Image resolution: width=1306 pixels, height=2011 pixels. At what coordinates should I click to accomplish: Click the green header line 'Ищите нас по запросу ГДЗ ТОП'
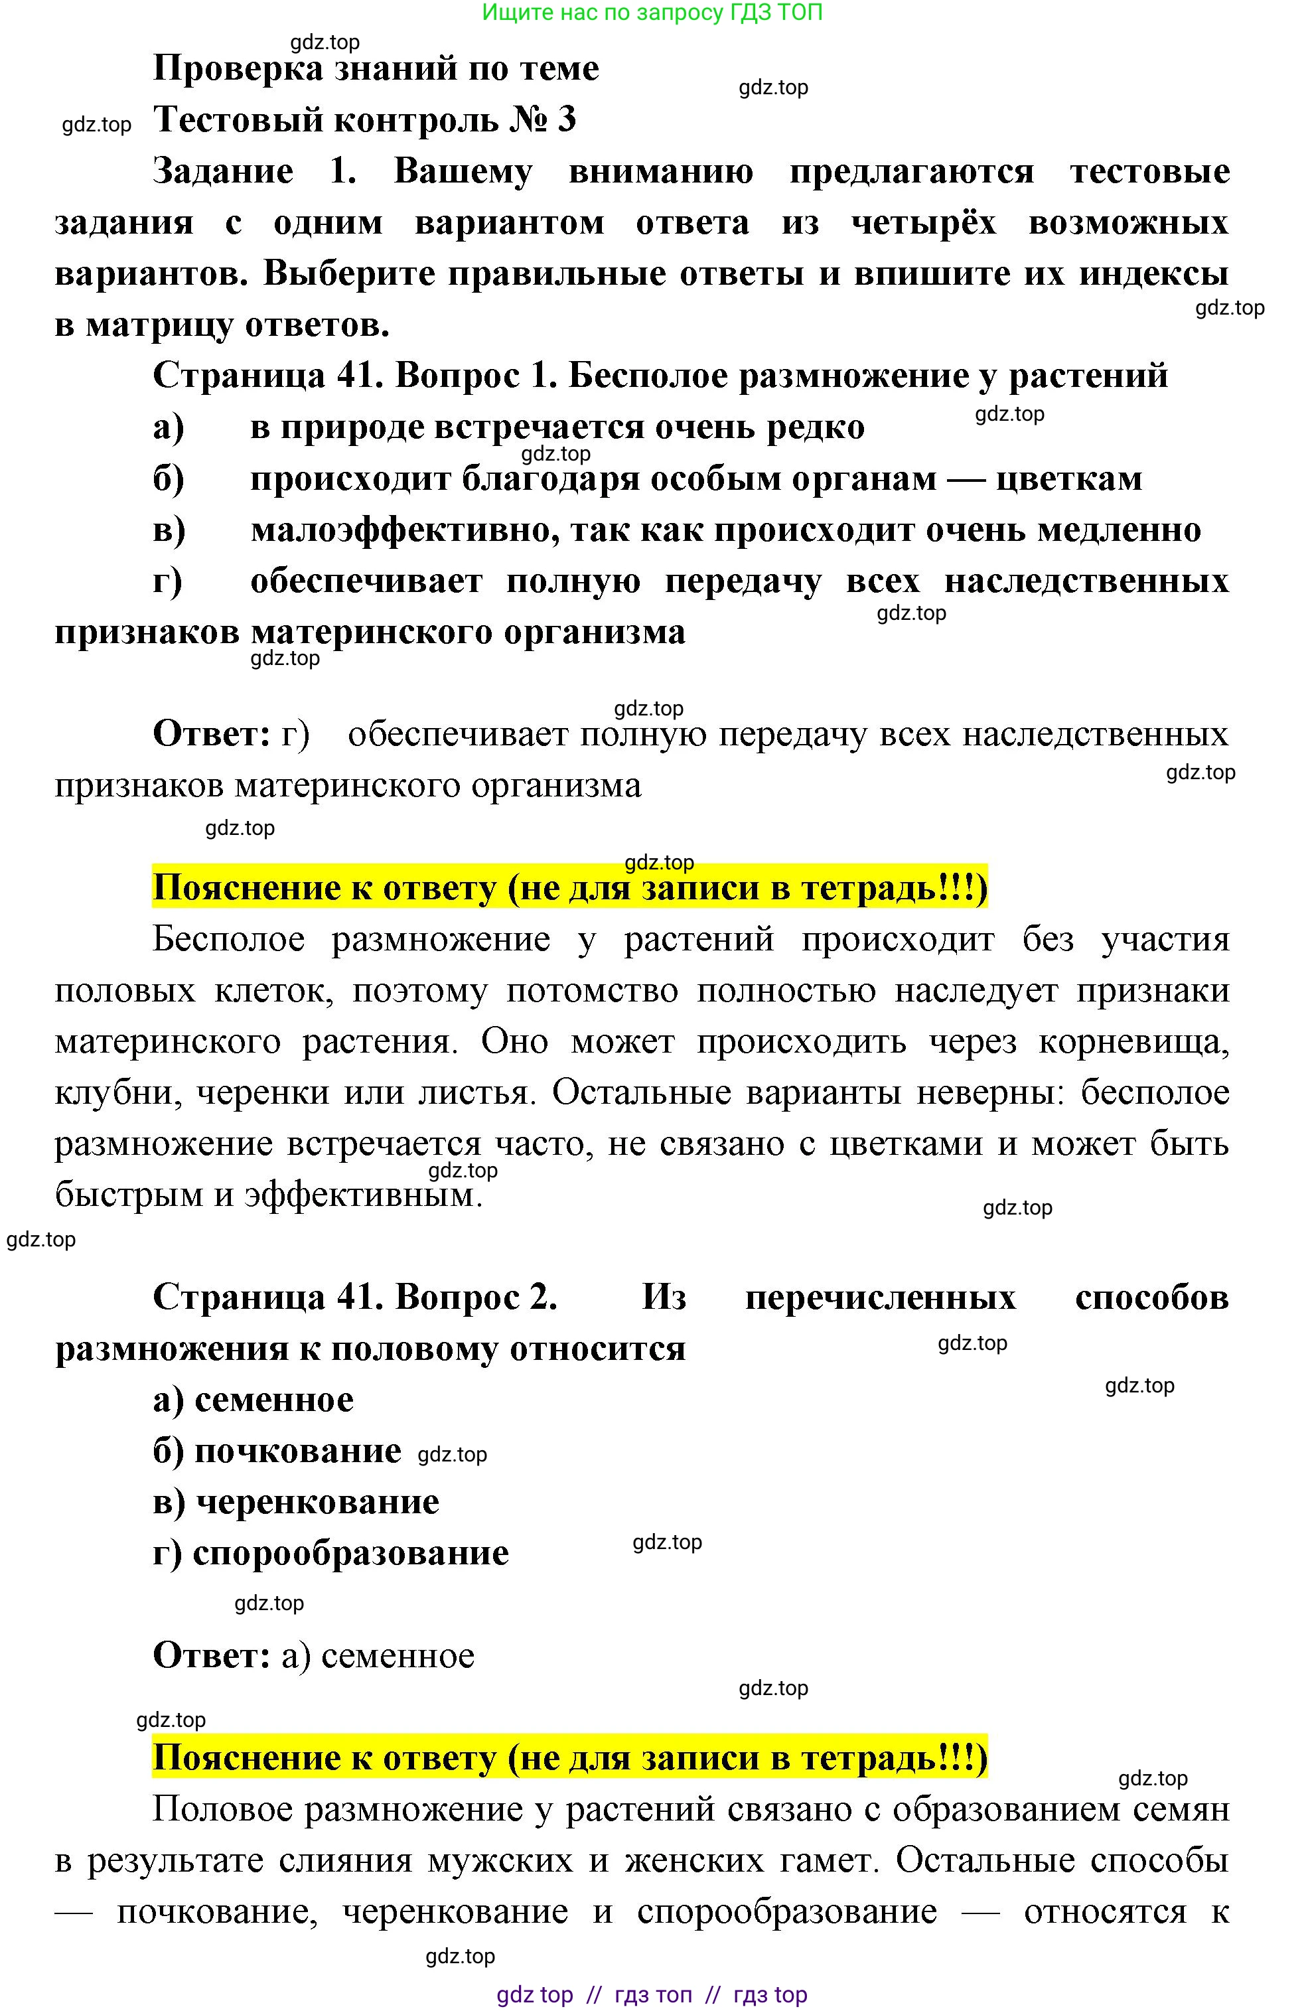click(x=651, y=13)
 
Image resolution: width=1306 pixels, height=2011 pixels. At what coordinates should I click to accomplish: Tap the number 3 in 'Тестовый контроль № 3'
click(x=566, y=120)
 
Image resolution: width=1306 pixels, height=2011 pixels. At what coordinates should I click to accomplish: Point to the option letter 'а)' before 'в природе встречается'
click(x=169, y=428)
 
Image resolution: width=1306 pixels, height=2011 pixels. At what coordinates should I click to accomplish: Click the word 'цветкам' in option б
click(x=1068, y=479)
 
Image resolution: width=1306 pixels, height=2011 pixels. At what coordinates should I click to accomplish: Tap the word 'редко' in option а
click(x=815, y=428)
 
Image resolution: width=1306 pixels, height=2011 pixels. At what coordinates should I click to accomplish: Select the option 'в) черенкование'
click(x=296, y=1501)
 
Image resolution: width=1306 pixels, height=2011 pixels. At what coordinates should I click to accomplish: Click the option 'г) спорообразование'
click(x=330, y=1553)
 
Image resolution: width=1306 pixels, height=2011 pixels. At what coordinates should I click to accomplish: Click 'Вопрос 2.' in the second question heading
click(x=476, y=1298)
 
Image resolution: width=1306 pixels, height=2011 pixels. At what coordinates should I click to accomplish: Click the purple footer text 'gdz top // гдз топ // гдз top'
click(x=651, y=1994)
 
